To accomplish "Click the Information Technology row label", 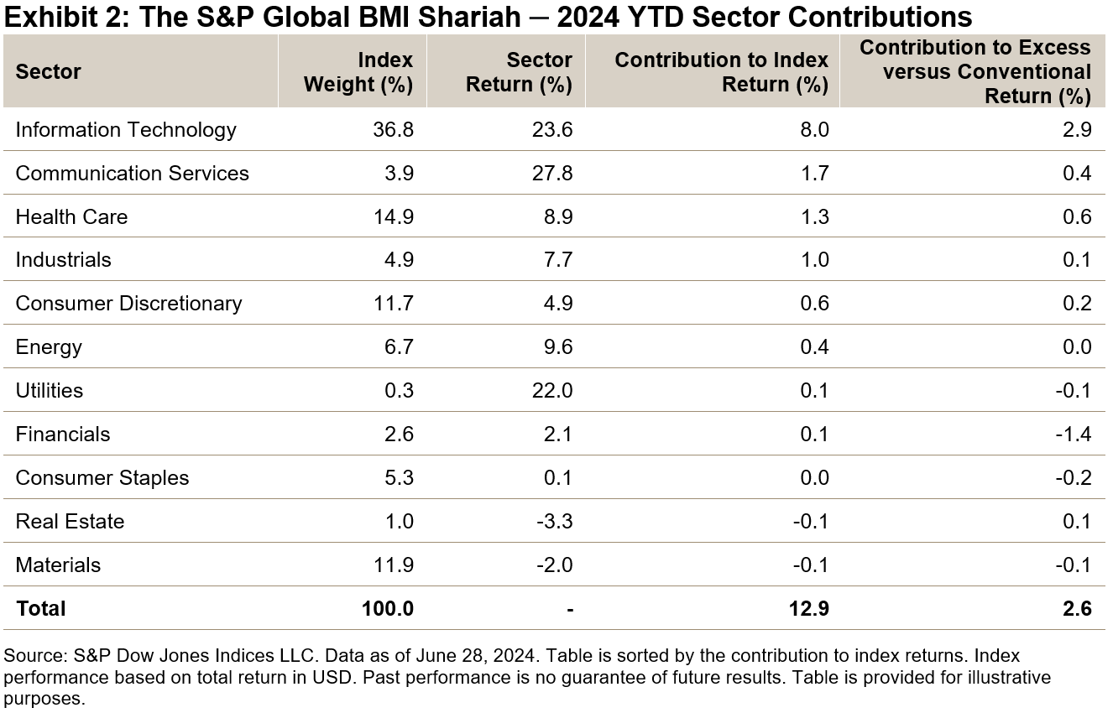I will (x=126, y=130).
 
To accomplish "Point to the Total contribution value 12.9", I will (x=807, y=608).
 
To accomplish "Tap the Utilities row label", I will (x=50, y=391).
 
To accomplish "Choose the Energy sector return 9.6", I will (x=556, y=347).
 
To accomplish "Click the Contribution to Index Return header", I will (x=722, y=72).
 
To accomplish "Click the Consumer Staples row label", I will (x=102, y=478).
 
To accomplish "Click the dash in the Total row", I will (x=569, y=608).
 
